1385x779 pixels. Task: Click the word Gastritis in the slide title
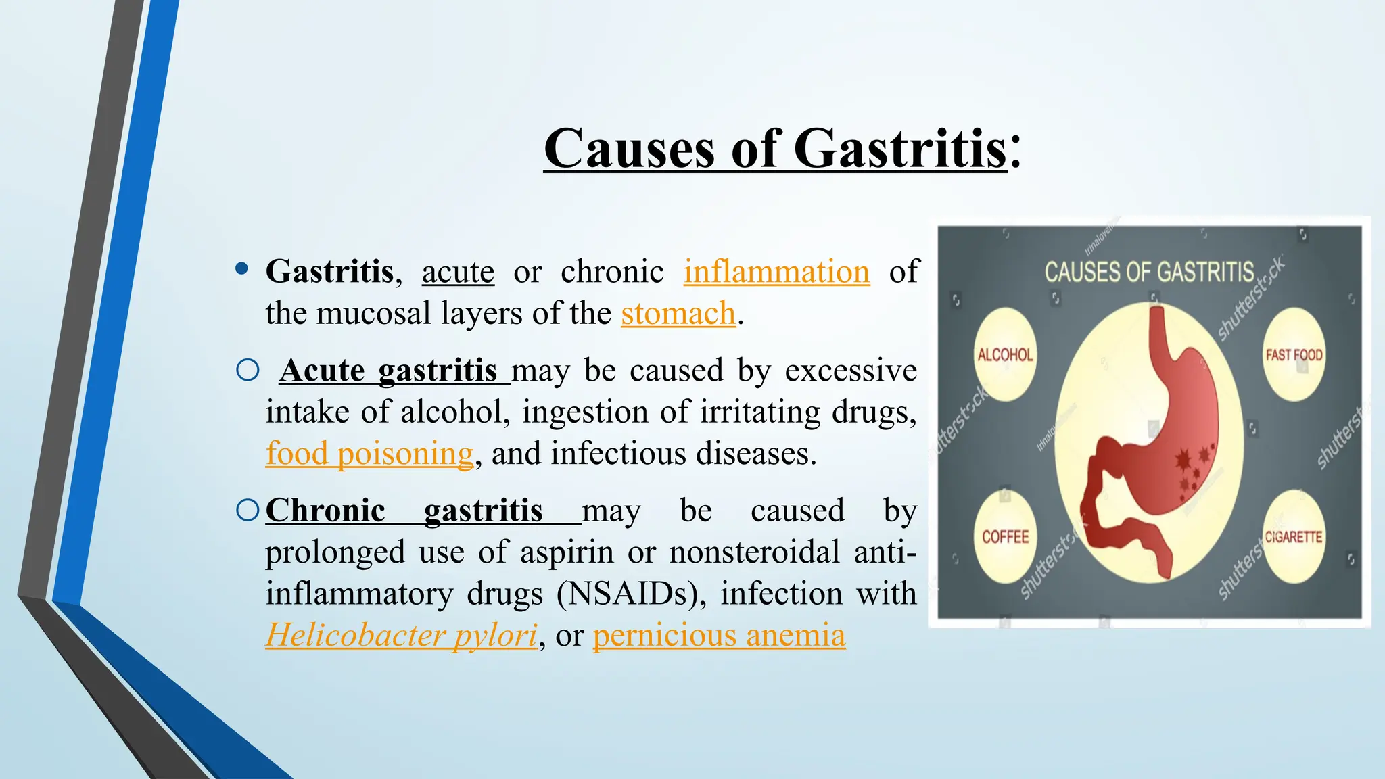click(900, 149)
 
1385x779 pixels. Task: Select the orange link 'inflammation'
click(776, 272)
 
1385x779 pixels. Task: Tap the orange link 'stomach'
click(678, 314)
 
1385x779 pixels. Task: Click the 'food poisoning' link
click(369, 454)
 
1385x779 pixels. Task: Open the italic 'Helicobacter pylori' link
click(401, 636)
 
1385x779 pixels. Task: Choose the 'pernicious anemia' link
click(719, 636)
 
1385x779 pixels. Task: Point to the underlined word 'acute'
click(458, 272)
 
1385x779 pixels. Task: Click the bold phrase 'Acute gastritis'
click(389, 371)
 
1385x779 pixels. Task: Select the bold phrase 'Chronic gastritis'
click(404, 511)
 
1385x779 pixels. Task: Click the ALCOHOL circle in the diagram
click(1006, 355)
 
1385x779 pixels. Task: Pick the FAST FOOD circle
click(1294, 355)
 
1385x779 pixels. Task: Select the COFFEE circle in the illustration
click(1006, 536)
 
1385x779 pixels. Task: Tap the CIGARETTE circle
click(1294, 536)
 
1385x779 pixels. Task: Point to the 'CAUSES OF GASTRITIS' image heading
click(1149, 272)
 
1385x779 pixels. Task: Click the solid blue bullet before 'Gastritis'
click(241, 269)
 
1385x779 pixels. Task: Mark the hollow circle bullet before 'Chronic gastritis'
click(248, 510)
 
